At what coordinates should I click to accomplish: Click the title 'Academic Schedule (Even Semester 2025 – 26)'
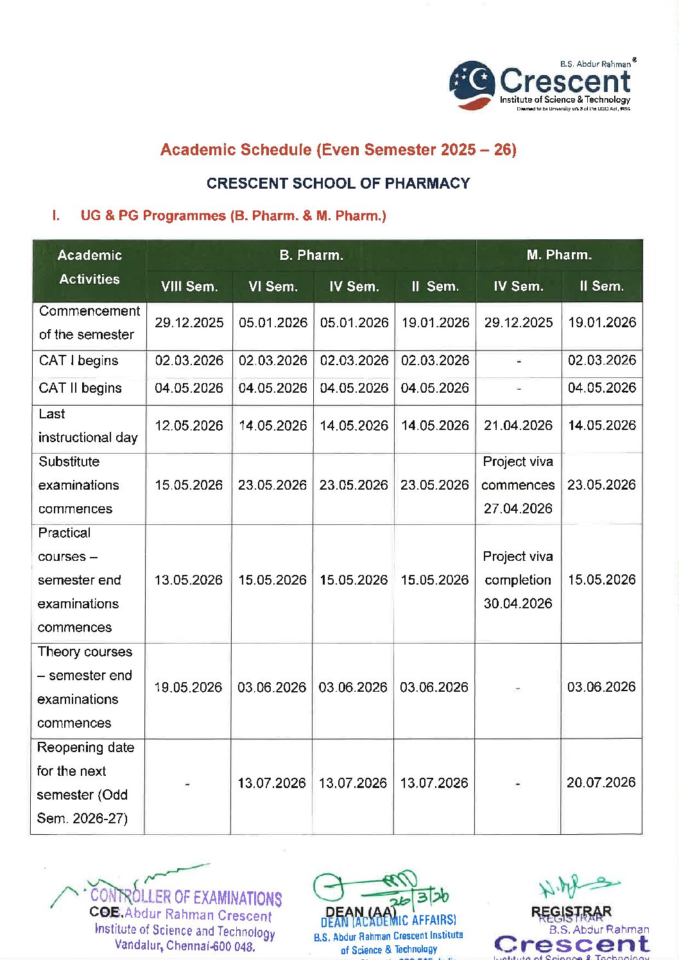pyautogui.click(x=338, y=150)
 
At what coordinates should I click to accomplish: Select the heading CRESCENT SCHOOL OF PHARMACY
pyautogui.click(x=338, y=184)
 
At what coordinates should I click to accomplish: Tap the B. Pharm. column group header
pyautogui.click(x=311, y=255)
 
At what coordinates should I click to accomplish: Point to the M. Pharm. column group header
pyautogui.click(x=559, y=255)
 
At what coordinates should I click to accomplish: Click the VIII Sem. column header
pyautogui.click(x=189, y=286)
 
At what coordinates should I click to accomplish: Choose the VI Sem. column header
pyautogui.click(x=273, y=286)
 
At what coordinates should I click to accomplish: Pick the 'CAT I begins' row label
pyautogui.click(x=78, y=361)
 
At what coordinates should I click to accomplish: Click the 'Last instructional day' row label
pyautogui.click(x=88, y=425)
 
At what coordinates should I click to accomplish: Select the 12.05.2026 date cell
pyautogui.click(x=189, y=425)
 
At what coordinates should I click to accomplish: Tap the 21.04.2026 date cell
pyautogui.click(x=519, y=425)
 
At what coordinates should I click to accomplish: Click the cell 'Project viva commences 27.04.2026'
pyautogui.click(x=519, y=485)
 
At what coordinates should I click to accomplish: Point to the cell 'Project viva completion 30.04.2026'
pyautogui.click(x=519, y=580)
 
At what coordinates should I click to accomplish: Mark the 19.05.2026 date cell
pyautogui.click(x=189, y=687)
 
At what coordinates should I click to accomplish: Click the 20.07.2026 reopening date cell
pyautogui.click(x=601, y=782)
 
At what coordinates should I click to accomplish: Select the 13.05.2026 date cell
pyautogui.click(x=189, y=580)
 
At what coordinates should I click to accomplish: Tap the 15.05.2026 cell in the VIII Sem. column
pyautogui.click(x=189, y=485)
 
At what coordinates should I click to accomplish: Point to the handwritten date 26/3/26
pyautogui.click(x=423, y=897)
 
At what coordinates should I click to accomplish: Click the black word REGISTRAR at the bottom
pyautogui.click(x=571, y=911)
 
